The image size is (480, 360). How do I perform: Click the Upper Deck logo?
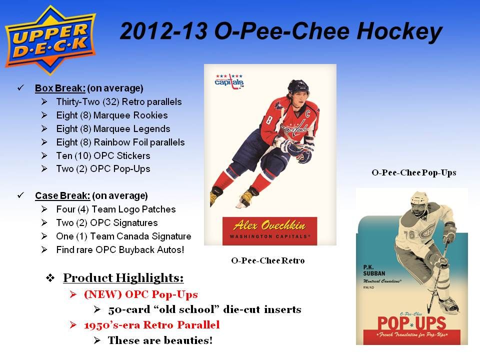(50, 40)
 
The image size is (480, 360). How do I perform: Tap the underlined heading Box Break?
(60, 88)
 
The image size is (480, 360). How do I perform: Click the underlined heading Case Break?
(62, 195)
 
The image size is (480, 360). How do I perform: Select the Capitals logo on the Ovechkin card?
(229, 81)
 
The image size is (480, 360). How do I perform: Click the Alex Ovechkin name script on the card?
(269, 225)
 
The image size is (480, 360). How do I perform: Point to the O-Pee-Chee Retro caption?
(268, 260)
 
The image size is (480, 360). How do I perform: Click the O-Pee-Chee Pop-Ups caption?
(414, 172)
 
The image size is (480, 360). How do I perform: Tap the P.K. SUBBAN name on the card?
(374, 270)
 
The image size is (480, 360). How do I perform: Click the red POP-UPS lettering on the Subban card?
(411, 323)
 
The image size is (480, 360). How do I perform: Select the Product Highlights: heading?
(123, 278)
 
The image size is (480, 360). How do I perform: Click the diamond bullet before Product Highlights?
(50, 278)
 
